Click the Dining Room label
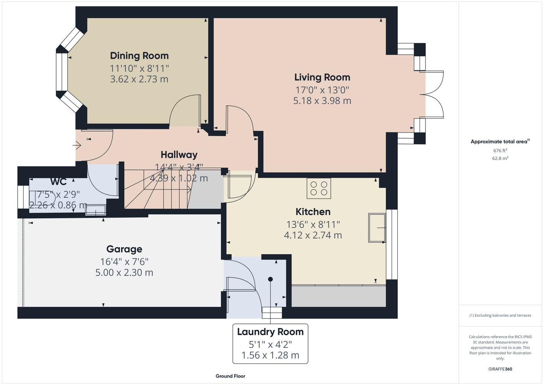139,55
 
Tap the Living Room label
322,77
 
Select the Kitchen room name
313,212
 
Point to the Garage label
124,249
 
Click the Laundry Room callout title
270,332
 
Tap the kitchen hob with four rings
319,189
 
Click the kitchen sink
377,228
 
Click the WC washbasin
95,210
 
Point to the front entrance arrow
77,146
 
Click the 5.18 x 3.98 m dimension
322,100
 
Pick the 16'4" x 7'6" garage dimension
124,261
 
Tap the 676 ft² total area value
500,151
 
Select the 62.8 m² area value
500,158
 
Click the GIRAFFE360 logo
500,369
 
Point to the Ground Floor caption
230,376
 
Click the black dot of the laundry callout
270,280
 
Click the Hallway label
179,155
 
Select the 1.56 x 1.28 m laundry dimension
270,355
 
